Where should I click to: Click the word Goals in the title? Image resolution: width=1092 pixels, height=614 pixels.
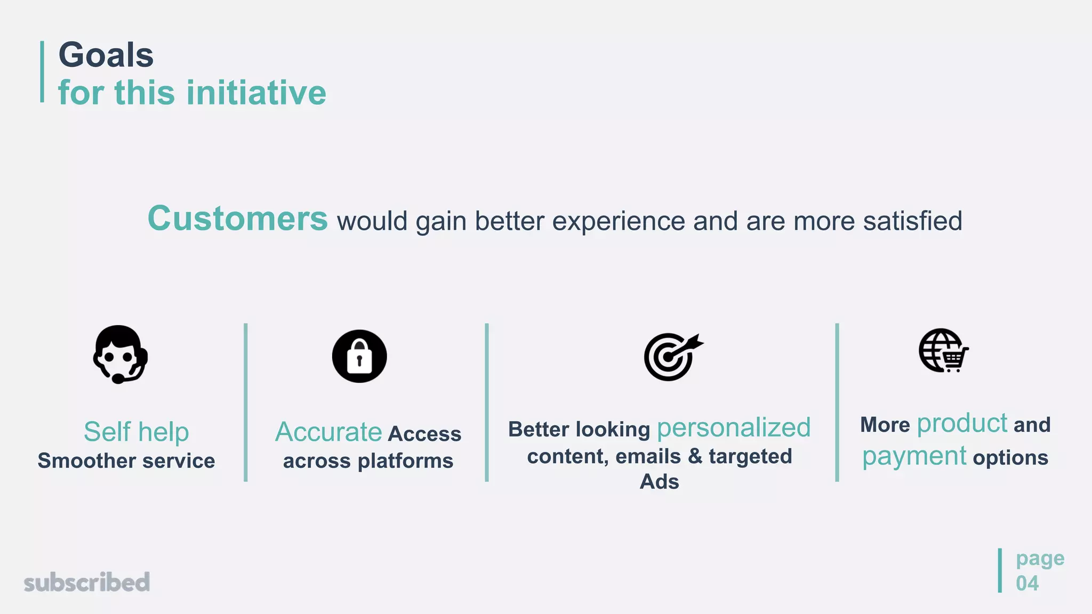pos(106,55)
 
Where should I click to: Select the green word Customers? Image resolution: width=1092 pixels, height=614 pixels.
pos(237,219)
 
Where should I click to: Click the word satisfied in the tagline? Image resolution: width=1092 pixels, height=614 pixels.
pos(912,221)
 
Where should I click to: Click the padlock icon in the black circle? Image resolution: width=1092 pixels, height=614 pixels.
pos(359,356)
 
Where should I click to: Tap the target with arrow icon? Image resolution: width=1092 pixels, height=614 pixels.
pos(672,357)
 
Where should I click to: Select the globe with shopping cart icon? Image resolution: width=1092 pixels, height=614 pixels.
pos(943,351)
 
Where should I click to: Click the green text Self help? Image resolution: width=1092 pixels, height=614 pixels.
pos(136,432)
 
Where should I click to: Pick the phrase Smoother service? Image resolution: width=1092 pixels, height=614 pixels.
pos(126,461)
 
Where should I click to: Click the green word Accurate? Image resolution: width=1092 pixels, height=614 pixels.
pos(328,432)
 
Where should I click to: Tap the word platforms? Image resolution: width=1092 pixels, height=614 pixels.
pos(405,461)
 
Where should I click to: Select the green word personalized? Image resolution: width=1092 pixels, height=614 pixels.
pos(733,428)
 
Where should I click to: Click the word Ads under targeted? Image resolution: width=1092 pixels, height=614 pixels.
pos(659,482)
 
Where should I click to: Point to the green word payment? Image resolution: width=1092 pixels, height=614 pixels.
pos(914,457)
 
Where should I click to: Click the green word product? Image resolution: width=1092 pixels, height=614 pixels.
pos(961,424)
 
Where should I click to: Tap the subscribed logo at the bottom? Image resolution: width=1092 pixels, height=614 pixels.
pos(87,582)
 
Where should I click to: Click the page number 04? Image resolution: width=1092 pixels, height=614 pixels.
pos(1027,583)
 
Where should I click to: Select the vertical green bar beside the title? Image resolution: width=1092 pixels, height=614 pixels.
pos(42,71)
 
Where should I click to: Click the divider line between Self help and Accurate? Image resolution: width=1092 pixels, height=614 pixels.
pos(246,402)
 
